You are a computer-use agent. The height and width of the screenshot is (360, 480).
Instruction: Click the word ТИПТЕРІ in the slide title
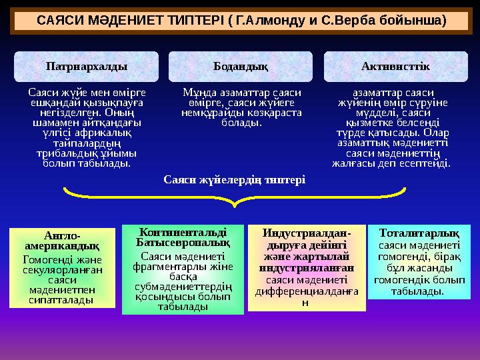coord(193,21)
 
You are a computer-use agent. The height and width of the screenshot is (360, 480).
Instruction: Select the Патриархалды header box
coord(87,67)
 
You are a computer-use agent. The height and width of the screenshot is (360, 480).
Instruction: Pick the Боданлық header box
coord(241,67)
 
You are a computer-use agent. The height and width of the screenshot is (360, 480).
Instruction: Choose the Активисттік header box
coord(395,67)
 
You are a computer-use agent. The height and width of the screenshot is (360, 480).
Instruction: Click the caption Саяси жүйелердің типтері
coord(235,180)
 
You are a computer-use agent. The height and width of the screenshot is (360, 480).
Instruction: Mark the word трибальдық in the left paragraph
coord(63,153)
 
